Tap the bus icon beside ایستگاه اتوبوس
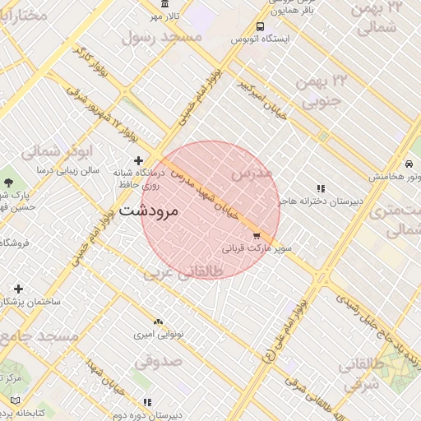(x=261, y=26)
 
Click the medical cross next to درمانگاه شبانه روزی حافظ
(x=138, y=160)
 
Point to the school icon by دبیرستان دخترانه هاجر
(x=321, y=188)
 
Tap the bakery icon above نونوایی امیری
(x=158, y=322)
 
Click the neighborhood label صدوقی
(x=156, y=360)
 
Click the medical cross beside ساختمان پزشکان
(x=18, y=289)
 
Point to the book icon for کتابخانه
(x=14, y=400)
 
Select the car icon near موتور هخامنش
(x=409, y=162)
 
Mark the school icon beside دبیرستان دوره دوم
(x=147, y=402)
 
